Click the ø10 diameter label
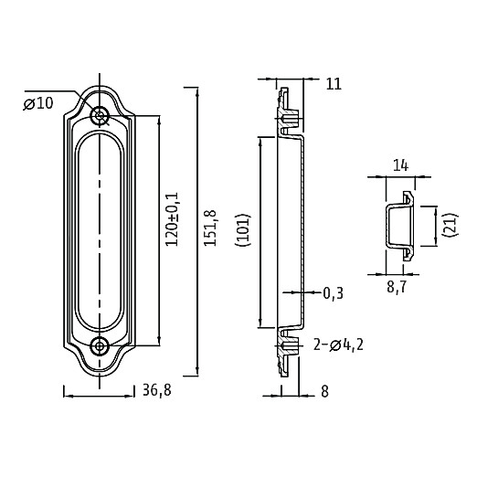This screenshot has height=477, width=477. tap(38, 103)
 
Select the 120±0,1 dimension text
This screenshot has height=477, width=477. tap(171, 219)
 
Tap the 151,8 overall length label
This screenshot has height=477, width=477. tap(210, 228)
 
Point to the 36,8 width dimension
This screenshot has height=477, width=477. tap(157, 390)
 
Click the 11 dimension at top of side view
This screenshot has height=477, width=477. tap(334, 84)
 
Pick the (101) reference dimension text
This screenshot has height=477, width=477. tap(243, 230)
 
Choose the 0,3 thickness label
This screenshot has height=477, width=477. tap(334, 293)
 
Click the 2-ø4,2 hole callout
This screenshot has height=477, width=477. tap(338, 345)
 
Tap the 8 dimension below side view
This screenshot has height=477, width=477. tap(325, 391)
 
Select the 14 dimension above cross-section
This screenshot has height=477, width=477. tap(400, 166)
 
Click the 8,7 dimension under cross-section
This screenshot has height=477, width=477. tap(397, 287)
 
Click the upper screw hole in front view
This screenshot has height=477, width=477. tap(100, 115)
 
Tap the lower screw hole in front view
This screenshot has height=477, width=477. tap(100, 346)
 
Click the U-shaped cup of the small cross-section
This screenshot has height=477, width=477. tap(387, 225)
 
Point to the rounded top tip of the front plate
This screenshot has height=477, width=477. tap(100, 88)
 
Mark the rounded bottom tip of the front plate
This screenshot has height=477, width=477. tap(100, 375)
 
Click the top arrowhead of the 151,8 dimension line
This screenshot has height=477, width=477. tap(198, 91)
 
